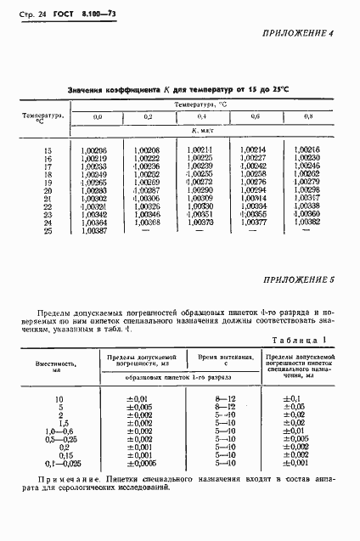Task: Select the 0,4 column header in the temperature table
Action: click(202, 116)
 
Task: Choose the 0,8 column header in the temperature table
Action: click(307, 116)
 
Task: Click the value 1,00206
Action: click(93, 150)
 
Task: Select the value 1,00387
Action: click(93, 230)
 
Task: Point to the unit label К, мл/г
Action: click(202, 132)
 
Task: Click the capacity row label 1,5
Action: click(59, 423)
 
